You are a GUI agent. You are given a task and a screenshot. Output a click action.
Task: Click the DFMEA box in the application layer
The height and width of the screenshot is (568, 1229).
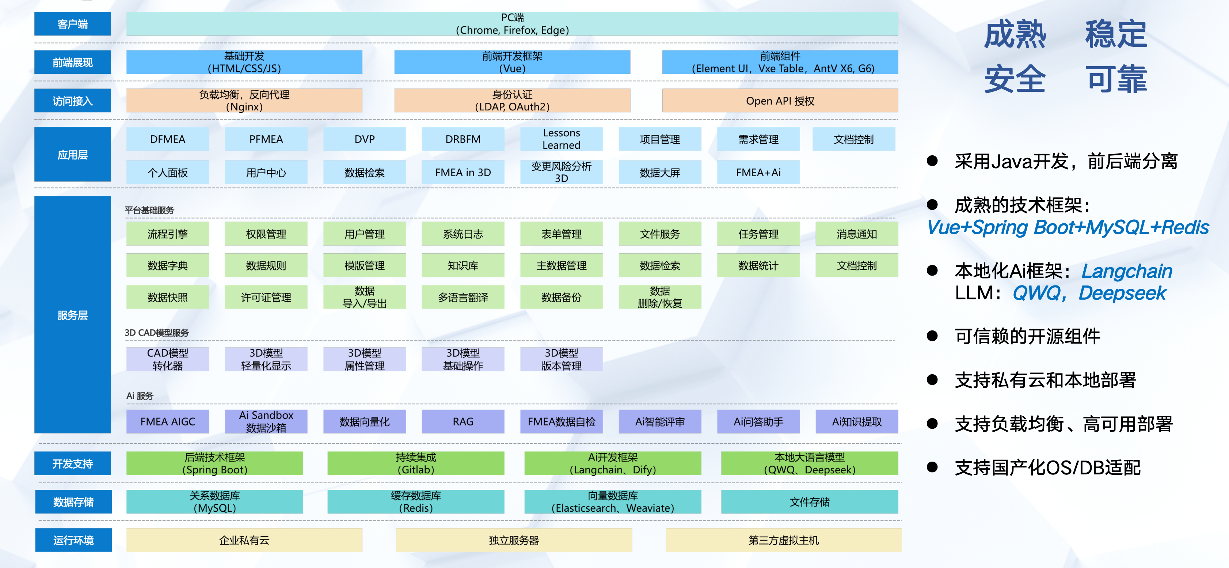[x=167, y=139]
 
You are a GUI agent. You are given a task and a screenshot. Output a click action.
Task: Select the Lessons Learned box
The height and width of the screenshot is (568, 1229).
[x=561, y=139]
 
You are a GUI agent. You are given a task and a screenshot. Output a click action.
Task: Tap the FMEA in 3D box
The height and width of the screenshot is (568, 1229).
[x=463, y=172]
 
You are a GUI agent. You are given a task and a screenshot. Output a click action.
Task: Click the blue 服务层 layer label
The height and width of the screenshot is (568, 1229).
[x=72, y=315]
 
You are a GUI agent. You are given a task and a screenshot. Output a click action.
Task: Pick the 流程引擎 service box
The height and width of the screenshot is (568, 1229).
[x=167, y=234]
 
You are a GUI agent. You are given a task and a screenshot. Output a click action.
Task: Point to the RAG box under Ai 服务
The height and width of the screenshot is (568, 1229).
[x=463, y=421]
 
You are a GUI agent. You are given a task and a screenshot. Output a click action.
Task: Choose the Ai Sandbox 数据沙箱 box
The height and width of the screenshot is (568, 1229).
[x=266, y=421]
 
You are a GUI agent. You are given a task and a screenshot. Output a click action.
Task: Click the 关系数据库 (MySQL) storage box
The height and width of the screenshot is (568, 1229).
[x=215, y=501]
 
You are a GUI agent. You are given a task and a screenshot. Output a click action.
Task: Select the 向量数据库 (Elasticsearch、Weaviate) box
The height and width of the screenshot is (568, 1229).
[x=613, y=501]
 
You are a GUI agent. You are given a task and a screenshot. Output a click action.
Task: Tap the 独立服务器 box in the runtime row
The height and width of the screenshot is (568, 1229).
[x=514, y=540]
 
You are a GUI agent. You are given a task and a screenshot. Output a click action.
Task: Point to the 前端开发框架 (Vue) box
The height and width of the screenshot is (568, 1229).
[x=512, y=62]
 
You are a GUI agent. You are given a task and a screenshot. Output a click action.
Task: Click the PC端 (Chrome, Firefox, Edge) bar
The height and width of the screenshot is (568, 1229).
[x=512, y=24]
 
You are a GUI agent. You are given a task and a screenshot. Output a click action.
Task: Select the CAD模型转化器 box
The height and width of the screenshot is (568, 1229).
[x=167, y=359]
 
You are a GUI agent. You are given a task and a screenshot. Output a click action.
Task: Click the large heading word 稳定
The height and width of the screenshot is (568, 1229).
[x=1115, y=34]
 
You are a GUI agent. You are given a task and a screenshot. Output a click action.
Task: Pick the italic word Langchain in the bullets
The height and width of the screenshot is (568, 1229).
[x=1126, y=271]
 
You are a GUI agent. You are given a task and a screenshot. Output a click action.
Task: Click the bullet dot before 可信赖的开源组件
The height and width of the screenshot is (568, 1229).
[x=932, y=336]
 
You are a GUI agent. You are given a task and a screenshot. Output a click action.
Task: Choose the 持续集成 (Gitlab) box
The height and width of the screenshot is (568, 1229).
[x=415, y=463]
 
